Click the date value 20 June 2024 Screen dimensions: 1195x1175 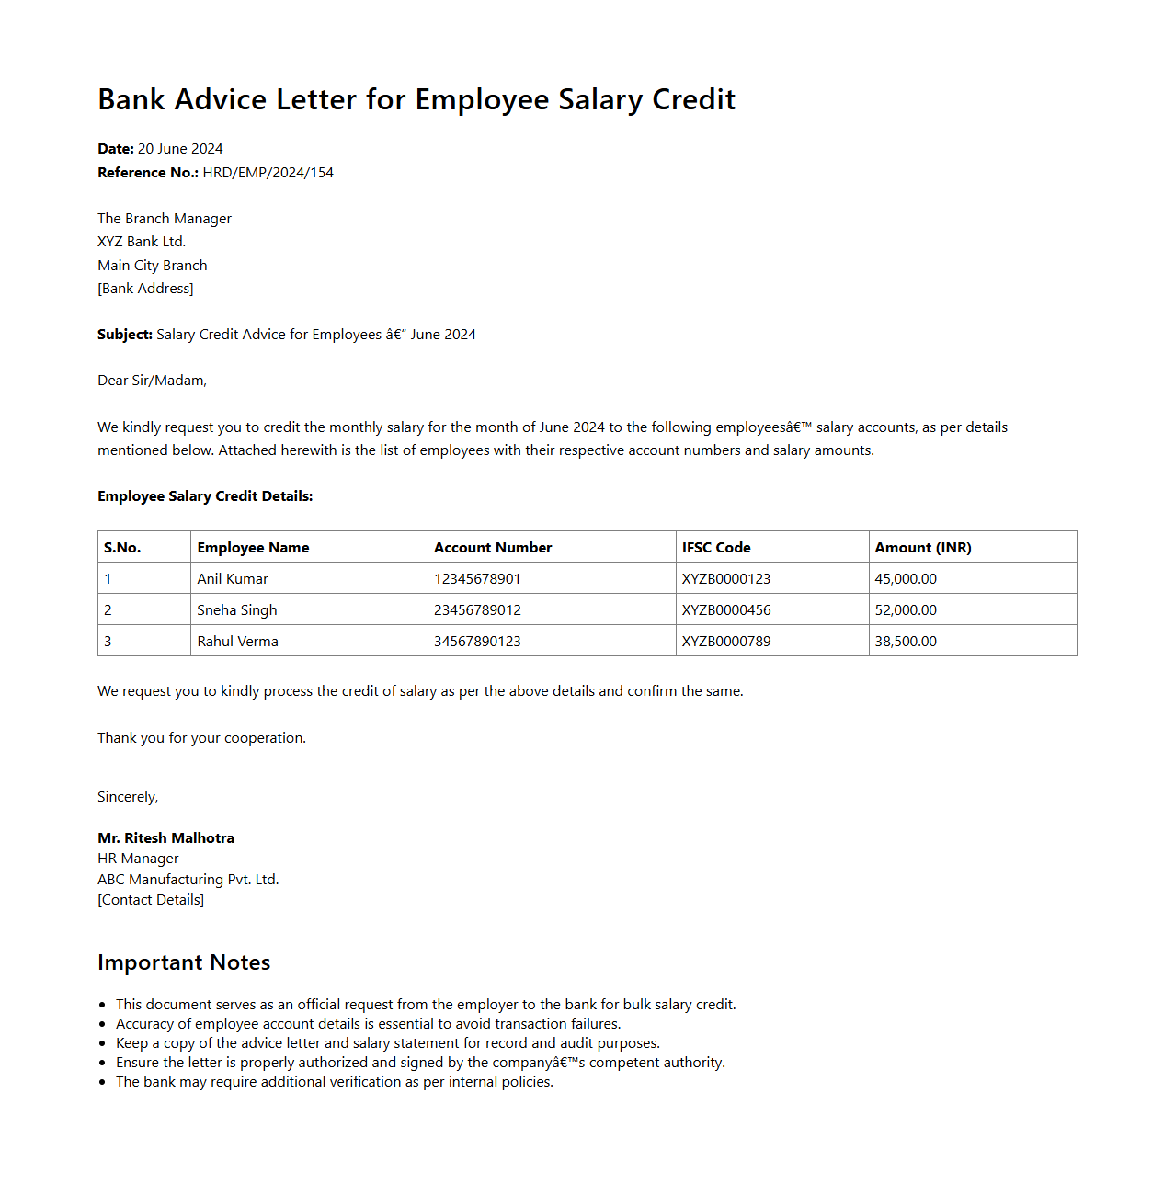pos(180,149)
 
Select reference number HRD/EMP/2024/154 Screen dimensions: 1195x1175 pos(268,173)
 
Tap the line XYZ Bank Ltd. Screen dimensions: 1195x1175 pos(142,242)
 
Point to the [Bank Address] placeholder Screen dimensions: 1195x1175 pos(145,289)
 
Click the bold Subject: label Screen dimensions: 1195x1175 pos(125,335)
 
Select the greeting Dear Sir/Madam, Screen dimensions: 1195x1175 pos(152,381)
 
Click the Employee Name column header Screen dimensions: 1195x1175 pos(253,548)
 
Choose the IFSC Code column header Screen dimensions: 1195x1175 pos(716,548)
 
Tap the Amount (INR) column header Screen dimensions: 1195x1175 pos(922,548)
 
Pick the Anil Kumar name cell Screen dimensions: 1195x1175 pos(233,579)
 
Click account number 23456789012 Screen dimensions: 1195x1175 pos(477,610)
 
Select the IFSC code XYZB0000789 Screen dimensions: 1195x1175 pos(726,642)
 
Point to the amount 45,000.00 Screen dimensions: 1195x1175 pos(906,579)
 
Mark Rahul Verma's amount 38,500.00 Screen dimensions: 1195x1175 pos(906,642)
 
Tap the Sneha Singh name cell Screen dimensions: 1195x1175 pos(237,610)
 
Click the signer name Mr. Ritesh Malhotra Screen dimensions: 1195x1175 pos(165,838)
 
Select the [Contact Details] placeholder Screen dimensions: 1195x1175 pos(151,900)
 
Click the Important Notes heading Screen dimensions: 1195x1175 pos(184,962)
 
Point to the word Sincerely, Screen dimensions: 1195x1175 pos(128,797)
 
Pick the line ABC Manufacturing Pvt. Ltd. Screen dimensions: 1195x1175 pos(188,880)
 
